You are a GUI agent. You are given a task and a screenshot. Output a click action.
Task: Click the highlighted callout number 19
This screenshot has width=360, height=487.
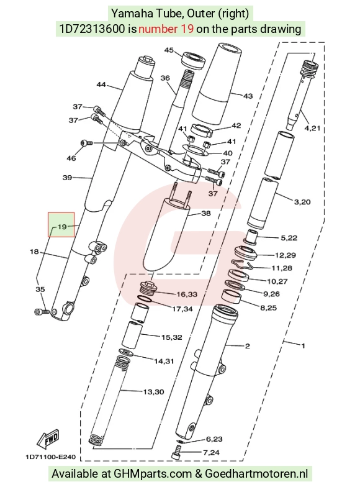[62, 226]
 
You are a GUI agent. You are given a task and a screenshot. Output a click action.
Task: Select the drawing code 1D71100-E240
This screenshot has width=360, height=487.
[50, 457]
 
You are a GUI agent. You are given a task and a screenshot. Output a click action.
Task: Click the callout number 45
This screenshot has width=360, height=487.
[169, 50]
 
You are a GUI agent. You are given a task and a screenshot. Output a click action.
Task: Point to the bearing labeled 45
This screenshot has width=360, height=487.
[194, 60]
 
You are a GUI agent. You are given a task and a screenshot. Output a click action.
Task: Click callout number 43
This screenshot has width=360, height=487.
[248, 96]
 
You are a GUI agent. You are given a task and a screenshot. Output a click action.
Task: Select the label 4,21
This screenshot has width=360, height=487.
[312, 128]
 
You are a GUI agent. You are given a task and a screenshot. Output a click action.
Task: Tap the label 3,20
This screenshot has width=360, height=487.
[302, 202]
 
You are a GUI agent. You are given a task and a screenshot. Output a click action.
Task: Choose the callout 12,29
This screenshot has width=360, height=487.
[286, 255]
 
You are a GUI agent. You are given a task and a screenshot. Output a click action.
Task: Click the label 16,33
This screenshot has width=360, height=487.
[187, 294]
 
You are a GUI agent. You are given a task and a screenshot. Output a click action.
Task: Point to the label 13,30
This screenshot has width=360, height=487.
[154, 392]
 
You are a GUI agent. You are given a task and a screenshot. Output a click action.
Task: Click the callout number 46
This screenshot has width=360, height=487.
[71, 158]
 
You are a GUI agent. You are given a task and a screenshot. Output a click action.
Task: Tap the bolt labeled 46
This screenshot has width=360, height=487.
[86, 143]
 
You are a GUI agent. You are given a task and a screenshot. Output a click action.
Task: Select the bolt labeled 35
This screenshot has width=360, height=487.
[42, 311]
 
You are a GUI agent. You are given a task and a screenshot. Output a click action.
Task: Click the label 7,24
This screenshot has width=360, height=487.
[211, 452]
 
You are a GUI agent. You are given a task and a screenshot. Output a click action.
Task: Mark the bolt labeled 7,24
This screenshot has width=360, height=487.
[177, 451]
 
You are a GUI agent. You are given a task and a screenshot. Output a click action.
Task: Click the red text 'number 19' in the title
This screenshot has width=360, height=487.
[166, 29]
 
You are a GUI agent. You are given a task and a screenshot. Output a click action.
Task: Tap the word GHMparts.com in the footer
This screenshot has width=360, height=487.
[153, 473]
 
